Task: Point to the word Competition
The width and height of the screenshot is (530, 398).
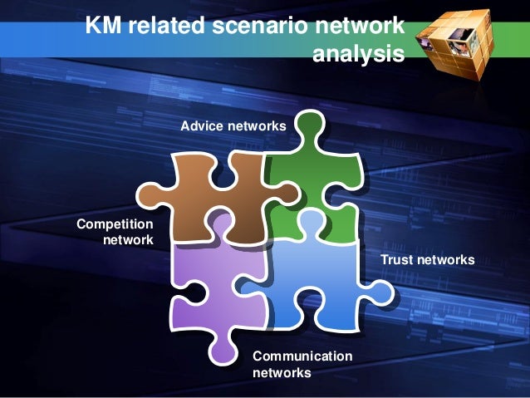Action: (115, 224)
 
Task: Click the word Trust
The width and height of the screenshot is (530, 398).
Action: (395, 261)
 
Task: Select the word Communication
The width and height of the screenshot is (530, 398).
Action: (302, 356)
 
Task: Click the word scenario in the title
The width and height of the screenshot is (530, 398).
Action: (263, 27)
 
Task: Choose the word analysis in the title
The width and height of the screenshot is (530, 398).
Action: (359, 55)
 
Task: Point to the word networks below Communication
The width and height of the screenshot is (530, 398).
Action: (282, 374)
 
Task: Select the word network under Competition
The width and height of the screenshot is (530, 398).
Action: (128, 240)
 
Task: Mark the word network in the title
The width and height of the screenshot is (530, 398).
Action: (363, 27)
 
